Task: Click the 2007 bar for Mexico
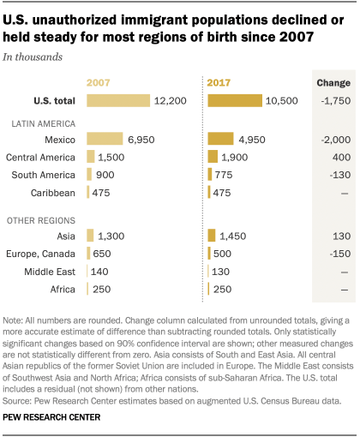pyautogui.click(x=105, y=139)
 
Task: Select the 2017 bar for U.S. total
pyautogui.click(x=235, y=100)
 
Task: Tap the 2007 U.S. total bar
pyautogui.click(x=118, y=100)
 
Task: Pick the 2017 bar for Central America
pyautogui.click(x=213, y=157)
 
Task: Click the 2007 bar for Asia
pyautogui.click(x=91, y=235)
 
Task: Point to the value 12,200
pyautogui.click(x=171, y=100)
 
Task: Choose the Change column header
pyautogui.click(x=330, y=82)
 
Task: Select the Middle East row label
pyautogui.click(x=56, y=271)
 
